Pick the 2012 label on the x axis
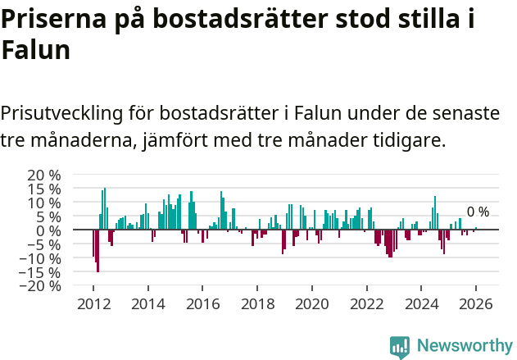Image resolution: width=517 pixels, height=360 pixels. [93, 303]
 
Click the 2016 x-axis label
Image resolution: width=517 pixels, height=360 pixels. [202, 303]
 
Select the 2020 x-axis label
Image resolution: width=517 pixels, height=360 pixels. [311, 303]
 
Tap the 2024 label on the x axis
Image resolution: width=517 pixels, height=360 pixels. [421, 303]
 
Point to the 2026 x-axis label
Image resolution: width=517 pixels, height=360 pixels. [476, 303]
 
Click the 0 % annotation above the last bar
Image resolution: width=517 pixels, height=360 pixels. [478, 212]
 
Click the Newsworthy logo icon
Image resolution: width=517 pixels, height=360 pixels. [400, 346]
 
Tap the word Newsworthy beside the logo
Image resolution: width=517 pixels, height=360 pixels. [464, 346]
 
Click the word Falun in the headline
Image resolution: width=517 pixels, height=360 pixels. [35, 51]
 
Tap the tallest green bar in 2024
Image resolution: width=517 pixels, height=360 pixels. [435, 213]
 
